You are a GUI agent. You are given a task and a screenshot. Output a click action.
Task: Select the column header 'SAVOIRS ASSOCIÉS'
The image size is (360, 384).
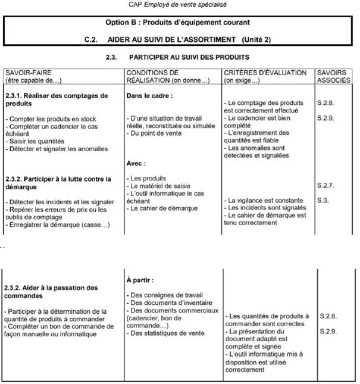click(334, 76)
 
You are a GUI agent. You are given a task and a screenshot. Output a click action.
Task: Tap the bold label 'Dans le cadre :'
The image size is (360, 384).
click(149, 95)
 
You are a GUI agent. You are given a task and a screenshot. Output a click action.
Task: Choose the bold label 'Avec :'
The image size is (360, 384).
click(136, 163)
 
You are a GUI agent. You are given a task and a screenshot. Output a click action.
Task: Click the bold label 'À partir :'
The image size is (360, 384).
click(141, 279)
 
